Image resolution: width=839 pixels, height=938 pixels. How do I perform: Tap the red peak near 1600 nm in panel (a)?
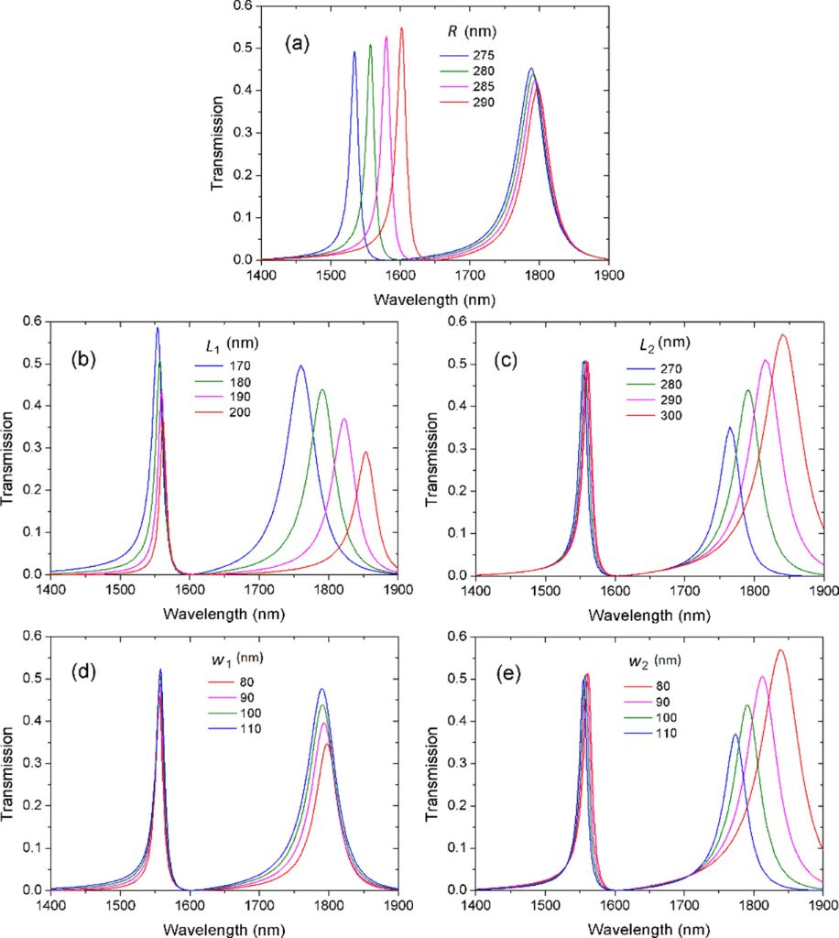[x=401, y=28]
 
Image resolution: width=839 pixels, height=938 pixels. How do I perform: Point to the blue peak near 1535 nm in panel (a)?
[x=354, y=52]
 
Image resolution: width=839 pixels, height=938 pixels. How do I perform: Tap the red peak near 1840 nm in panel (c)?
[x=782, y=335]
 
